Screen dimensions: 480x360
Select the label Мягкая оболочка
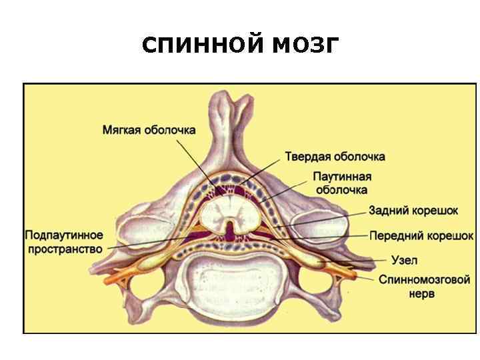[x=149, y=130]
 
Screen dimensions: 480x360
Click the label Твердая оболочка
[x=335, y=157]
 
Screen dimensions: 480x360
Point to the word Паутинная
[x=342, y=177]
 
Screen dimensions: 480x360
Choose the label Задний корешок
[x=413, y=211]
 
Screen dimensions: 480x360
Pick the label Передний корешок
[x=421, y=236]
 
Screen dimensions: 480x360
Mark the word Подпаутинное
[x=65, y=235]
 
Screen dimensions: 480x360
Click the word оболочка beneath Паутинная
[x=342, y=189]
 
